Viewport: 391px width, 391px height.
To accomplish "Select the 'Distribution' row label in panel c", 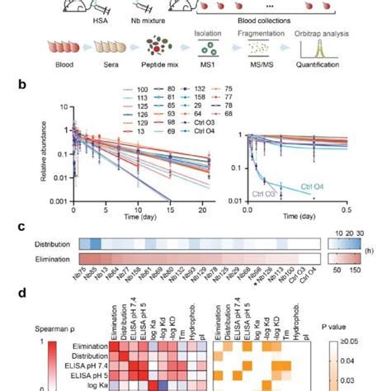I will click(58, 245).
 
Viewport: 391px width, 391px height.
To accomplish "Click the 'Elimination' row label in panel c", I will click(58, 258).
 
